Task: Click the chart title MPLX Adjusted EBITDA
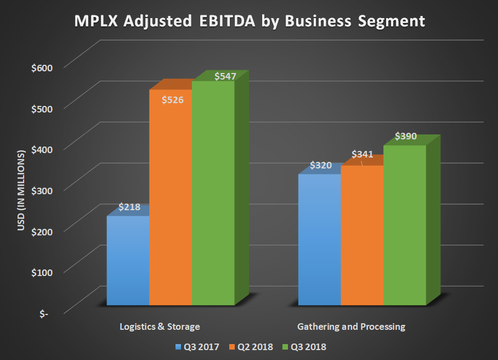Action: (x=250, y=21)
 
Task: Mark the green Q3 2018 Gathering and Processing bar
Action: (x=405, y=225)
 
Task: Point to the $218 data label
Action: (x=129, y=207)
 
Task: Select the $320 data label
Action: (x=321, y=165)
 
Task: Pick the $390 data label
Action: (x=406, y=136)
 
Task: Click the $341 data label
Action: (x=363, y=154)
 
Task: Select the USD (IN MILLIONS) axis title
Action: (x=22, y=189)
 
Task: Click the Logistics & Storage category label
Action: (x=160, y=327)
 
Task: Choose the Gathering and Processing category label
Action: (x=351, y=327)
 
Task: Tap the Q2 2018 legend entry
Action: (x=253, y=346)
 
